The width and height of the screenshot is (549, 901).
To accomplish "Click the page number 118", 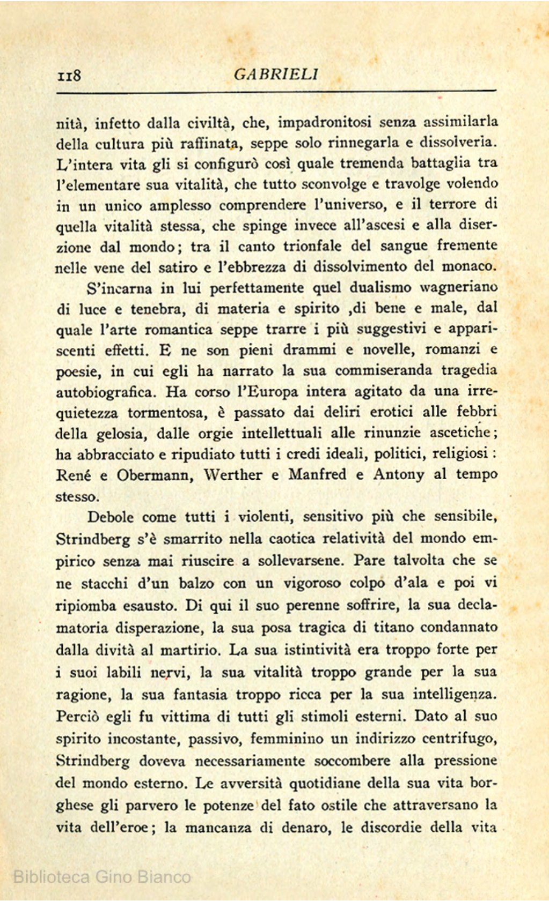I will tap(69, 75).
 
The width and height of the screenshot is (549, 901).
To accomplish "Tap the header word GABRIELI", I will tap(276, 74).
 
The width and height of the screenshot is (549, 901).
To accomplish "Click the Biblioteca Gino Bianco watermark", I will tap(102, 876).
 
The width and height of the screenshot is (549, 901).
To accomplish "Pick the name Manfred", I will tap(317, 474).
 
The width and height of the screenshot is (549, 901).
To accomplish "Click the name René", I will tap(74, 475).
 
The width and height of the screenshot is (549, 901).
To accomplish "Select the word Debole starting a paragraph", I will tap(113, 517).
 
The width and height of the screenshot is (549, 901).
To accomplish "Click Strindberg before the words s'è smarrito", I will tap(93, 540).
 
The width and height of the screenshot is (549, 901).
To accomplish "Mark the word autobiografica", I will tap(106, 392).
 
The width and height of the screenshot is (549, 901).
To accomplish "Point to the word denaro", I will tap(311, 828).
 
